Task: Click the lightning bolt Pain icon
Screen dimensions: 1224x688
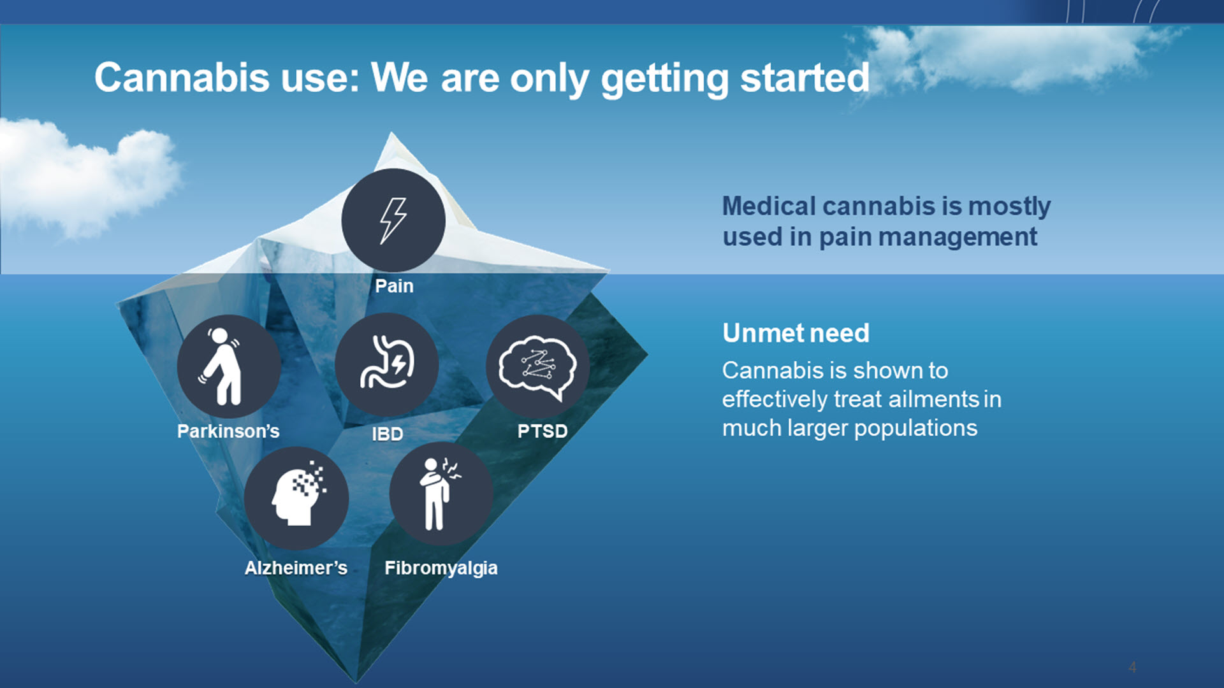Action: (x=393, y=220)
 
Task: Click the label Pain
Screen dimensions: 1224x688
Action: (x=394, y=286)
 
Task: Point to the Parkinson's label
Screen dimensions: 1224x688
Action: (x=228, y=431)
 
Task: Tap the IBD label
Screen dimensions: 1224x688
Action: (x=388, y=434)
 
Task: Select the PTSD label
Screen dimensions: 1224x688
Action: (x=543, y=431)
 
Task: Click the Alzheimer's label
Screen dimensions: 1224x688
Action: (x=296, y=568)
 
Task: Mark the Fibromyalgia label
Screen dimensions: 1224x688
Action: (x=441, y=568)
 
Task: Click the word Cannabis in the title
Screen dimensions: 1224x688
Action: (x=182, y=77)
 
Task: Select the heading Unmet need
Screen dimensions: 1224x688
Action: (x=796, y=333)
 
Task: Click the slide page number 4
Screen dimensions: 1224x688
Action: (x=1132, y=667)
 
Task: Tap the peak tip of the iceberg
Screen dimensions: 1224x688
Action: (x=391, y=133)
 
